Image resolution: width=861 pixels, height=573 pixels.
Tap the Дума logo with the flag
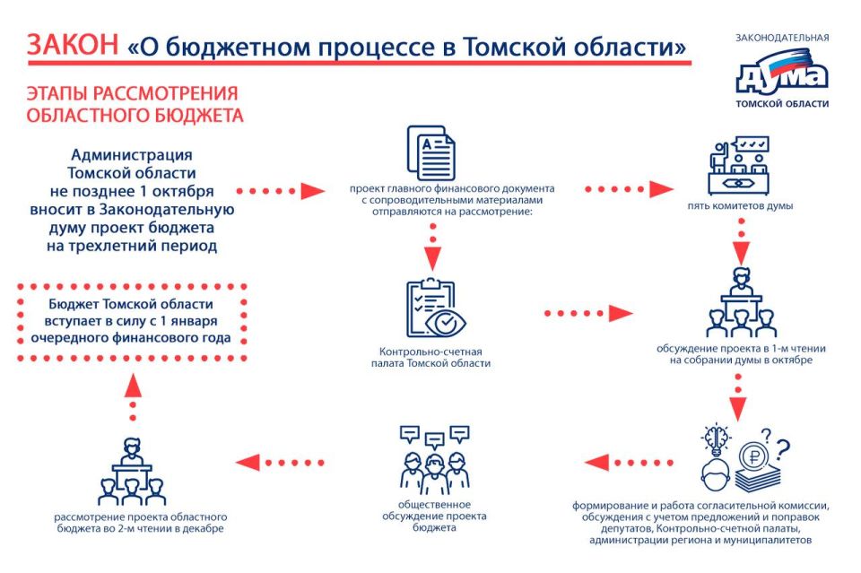point(781,75)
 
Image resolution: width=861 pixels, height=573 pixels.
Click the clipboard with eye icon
point(432,310)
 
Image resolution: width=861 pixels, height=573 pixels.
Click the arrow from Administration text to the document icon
point(282,190)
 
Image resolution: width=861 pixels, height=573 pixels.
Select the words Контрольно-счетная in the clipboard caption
point(432,352)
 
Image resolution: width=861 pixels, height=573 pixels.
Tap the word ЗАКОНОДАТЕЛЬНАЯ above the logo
point(782,38)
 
